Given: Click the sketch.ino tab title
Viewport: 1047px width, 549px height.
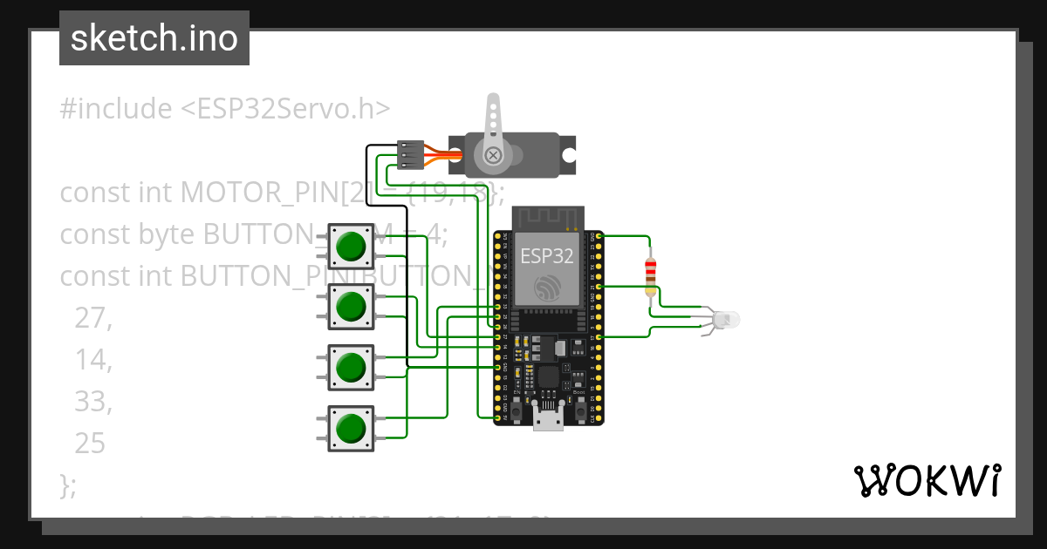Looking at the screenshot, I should click(154, 38).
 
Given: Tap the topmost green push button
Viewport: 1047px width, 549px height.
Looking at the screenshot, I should click(350, 246).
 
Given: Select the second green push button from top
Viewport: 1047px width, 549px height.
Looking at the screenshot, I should click(350, 307).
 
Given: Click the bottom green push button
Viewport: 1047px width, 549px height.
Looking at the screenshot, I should click(350, 428).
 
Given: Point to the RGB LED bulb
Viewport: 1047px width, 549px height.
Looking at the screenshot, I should click(725, 320).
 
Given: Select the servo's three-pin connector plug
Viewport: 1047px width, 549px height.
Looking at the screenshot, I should click(410, 154).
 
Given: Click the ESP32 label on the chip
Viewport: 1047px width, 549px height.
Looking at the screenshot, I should click(547, 255).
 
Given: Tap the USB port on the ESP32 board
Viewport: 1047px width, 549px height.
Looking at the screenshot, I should click(548, 422).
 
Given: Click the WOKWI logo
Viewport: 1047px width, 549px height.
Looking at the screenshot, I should click(927, 480).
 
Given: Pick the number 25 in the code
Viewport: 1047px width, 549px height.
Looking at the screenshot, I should click(90, 444).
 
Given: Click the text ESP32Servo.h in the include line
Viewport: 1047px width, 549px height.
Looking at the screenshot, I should click(284, 109).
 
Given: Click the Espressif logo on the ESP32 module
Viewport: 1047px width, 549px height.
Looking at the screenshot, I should click(547, 288).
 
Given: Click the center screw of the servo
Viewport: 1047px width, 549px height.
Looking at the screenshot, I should click(493, 156).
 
